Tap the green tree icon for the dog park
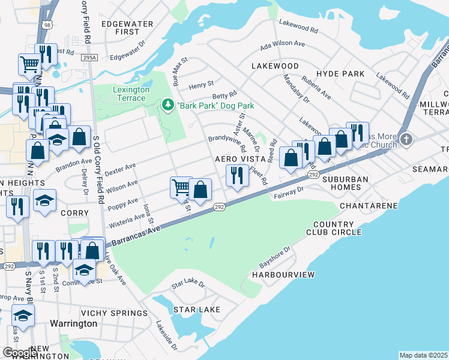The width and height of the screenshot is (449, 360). click(168, 106)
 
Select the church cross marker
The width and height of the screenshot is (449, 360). click(407, 139)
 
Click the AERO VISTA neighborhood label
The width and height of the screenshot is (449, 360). click(238, 159)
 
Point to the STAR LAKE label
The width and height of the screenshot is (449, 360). click(196, 310)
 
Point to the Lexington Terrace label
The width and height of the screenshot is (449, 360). click(131, 94)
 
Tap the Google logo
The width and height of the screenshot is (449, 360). click(20, 353)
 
